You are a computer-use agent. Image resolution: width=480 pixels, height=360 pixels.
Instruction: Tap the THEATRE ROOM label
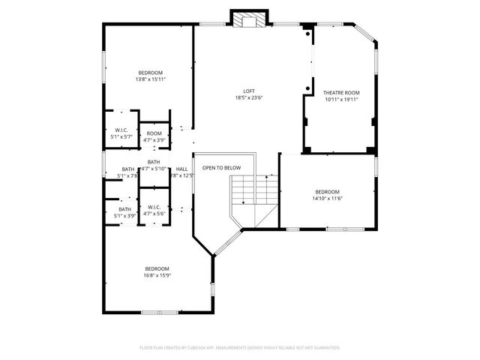[341, 93]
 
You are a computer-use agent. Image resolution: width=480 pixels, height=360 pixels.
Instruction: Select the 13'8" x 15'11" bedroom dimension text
[150, 79]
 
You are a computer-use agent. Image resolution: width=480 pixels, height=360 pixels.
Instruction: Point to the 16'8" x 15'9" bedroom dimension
[157, 274]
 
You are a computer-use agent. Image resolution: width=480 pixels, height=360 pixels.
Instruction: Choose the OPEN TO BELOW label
[221, 167]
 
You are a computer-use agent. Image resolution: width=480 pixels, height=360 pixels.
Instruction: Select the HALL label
[182, 169]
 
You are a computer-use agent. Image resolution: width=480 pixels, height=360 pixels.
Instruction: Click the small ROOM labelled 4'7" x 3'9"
[154, 133]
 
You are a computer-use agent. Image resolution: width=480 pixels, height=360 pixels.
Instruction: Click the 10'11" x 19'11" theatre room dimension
[341, 99]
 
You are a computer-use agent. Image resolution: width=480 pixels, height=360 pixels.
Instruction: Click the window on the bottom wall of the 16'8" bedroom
[159, 312]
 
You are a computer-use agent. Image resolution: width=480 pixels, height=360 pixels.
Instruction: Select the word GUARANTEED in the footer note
[326, 348]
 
